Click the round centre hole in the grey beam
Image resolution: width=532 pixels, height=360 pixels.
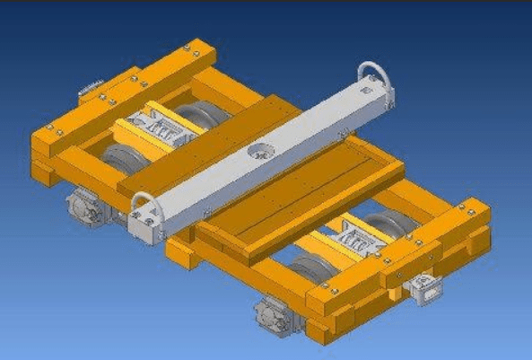(261, 151)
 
